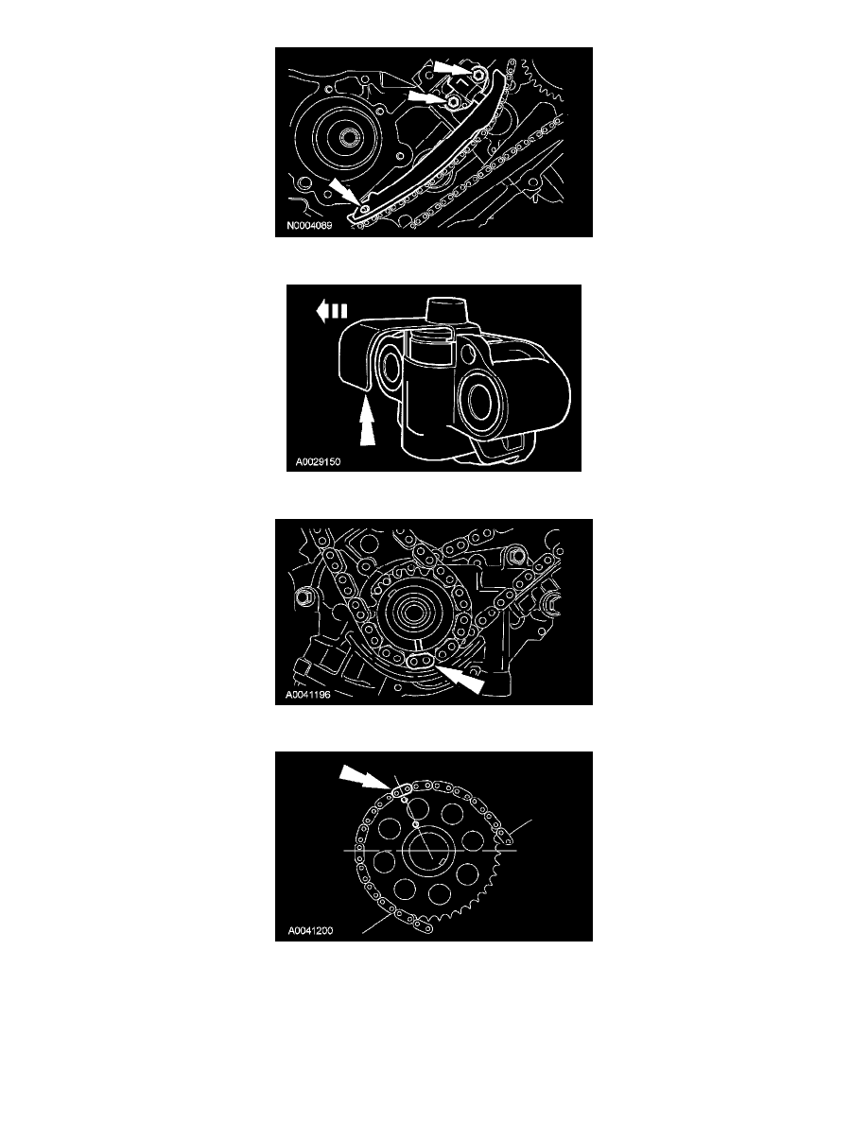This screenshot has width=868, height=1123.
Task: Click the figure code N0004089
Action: coord(309,226)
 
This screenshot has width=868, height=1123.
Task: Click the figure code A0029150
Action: coord(318,462)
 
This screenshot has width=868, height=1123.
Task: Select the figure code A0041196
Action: coord(308,695)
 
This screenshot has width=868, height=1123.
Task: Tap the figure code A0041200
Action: coord(310,931)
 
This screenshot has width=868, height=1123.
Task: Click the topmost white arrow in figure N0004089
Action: coord(451,68)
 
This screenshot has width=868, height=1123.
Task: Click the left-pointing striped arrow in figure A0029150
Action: coord(332,311)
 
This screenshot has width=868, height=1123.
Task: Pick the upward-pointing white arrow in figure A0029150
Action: coord(367,423)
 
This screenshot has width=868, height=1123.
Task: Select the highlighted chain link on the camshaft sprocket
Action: coord(397,791)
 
